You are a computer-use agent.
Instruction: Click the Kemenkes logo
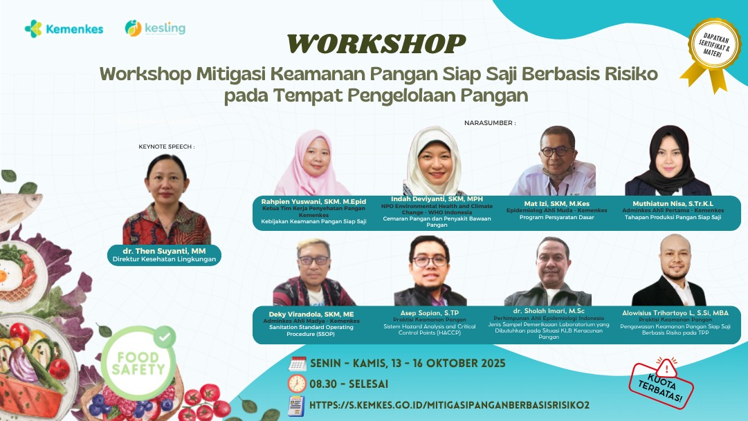(64, 29)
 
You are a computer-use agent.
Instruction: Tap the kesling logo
(155, 28)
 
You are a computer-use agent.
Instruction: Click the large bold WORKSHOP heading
(376, 44)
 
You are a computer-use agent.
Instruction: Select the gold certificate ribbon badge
(713, 53)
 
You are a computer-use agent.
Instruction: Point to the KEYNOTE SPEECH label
(167, 147)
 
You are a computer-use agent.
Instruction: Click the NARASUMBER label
(490, 123)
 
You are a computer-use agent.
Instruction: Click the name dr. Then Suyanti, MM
(164, 251)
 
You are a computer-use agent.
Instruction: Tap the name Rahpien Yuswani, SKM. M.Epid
(313, 202)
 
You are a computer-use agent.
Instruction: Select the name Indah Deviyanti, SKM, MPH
(437, 199)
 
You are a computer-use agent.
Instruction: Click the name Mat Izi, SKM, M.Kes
(557, 203)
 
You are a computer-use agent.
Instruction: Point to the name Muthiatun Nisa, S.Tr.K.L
(673, 203)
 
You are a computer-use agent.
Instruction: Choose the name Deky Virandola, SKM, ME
(311, 315)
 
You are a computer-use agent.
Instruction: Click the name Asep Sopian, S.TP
(429, 312)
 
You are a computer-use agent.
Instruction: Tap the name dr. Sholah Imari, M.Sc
(549, 311)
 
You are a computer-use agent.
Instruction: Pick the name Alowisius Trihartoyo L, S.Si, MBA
(675, 312)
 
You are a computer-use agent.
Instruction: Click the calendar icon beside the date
(298, 364)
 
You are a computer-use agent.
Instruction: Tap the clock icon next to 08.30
(297, 384)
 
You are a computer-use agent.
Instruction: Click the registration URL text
(449, 405)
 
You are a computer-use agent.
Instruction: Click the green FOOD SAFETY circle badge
(138, 363)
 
